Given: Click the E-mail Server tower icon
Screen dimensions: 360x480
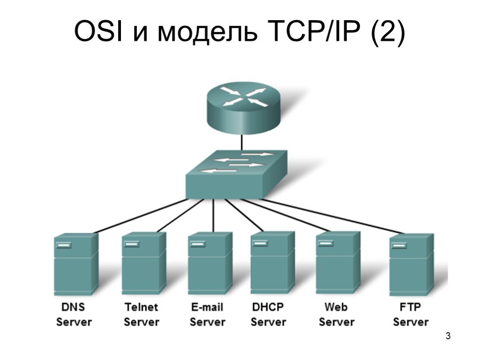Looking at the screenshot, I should click(x=210, y=263).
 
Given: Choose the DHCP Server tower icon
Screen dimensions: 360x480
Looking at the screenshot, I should click(x=272, y=262).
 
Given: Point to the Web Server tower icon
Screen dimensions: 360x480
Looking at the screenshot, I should click(x=337, y=262).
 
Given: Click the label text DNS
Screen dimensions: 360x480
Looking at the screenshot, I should click(x=74, y=307).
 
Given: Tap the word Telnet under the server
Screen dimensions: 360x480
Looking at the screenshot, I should click(x=142, y=307).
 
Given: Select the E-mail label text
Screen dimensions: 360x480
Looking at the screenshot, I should click(x=207, y=307).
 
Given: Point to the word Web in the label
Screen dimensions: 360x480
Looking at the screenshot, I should click(x=336, y=307).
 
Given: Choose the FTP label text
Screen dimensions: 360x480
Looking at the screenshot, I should click(x=410, y=307).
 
